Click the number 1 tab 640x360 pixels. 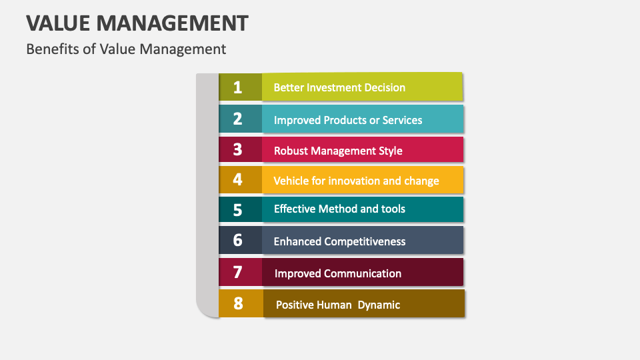click(238, 87)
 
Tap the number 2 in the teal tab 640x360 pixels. click(238, 119)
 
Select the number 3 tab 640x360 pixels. click(238, 150)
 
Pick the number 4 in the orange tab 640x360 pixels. click(238, 179)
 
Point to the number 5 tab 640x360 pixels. click(238, 209)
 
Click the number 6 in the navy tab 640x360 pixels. click(238, 241)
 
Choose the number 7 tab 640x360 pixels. click(238, 273)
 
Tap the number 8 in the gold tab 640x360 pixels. click(238, 304)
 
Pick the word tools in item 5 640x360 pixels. click(393, 209)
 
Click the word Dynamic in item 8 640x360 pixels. click(379, 305)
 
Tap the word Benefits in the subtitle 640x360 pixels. click(51, 49)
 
